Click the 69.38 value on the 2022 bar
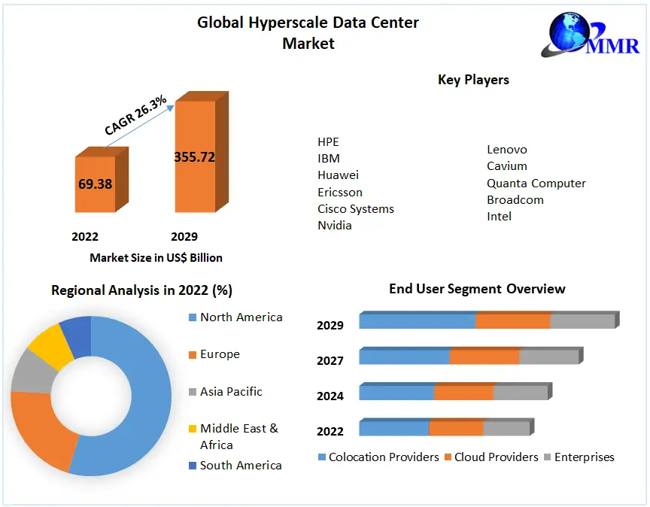click(x=95, y=184)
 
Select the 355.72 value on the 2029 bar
click(x=194, y=157)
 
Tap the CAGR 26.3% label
click(x=135, y=115)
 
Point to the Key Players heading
click(x=473, y=80)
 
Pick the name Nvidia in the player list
click(x=335, y=225)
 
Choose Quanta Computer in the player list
click(x=536, y=183)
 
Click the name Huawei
click(x=338, y=175)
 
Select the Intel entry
click(x=499, y=217)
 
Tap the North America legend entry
click(x=241, y=317)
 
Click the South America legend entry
click(x=241, y=466)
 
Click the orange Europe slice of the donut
click(x=41, y=433)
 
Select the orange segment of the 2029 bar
click(x=513, y=321)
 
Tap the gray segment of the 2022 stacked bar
click(x=506, y=428)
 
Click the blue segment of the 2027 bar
click(x=404, y=357)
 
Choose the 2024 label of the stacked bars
click(x=330, y=396)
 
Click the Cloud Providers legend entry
click(x=496, y=457)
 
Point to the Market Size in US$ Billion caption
click(x=156, y=257)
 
